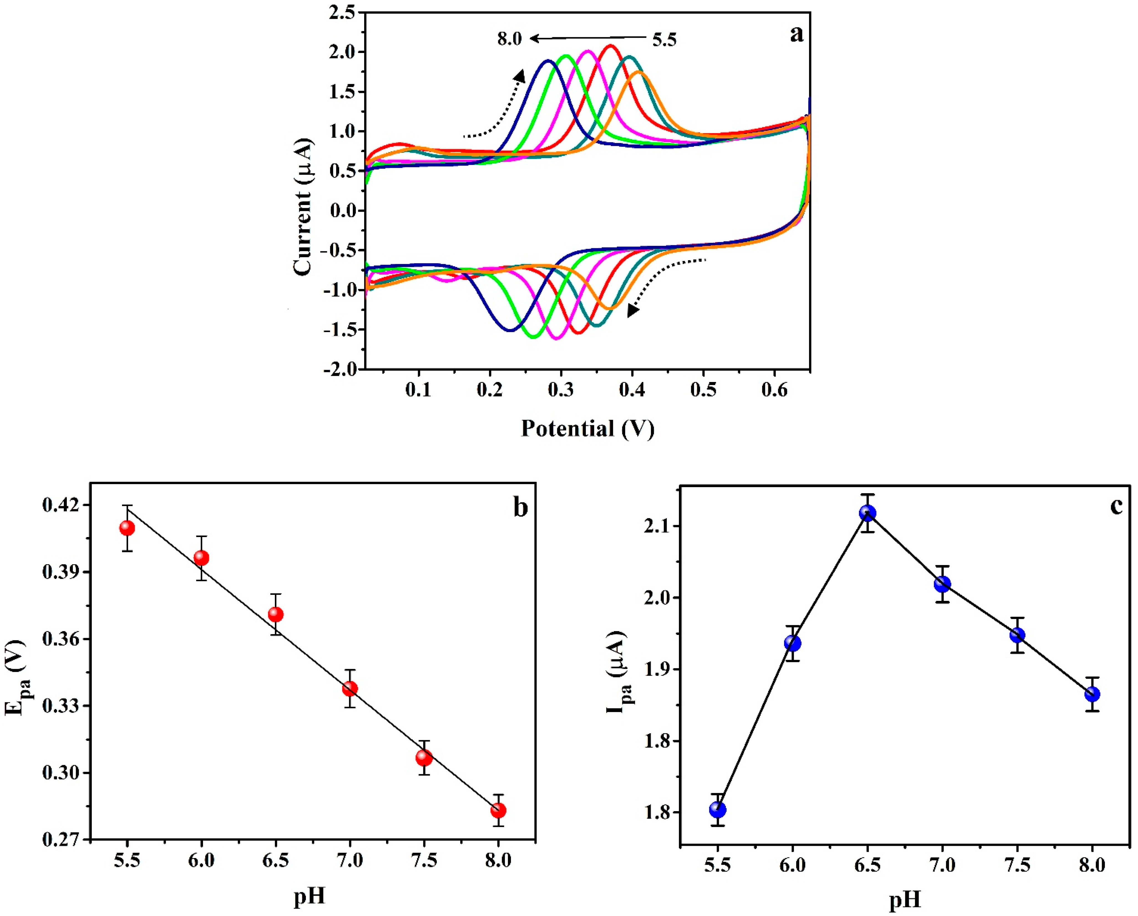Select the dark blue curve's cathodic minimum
(x=510, y=330)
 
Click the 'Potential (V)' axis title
(x=587, y=428)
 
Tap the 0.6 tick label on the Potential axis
(x=774, y=390)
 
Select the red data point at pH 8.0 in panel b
(x=498, y=810)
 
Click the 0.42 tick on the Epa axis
(x=62, y=505)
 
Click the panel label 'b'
(x=520, y=508)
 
